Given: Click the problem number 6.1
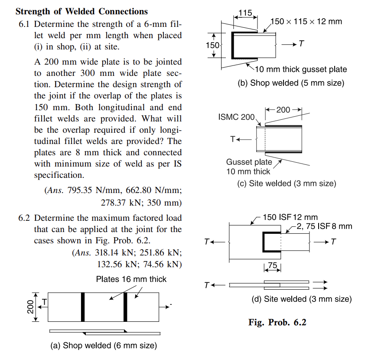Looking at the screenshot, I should coord(25,24).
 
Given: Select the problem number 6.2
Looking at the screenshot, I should coord(25,217).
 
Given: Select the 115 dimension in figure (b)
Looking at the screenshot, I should coord(245,13).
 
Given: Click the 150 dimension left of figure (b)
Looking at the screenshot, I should coord(212,45).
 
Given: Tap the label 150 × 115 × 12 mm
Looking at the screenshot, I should coord(306,21).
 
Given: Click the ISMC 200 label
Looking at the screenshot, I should coord(237,117).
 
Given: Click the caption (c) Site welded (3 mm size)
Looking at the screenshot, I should coord(287,183).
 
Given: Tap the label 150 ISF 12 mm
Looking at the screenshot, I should coord(290,217).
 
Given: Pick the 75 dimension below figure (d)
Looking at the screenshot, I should coord(272,265).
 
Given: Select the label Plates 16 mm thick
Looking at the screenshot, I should coord(131,279).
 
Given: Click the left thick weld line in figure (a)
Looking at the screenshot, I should coord(82,307).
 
